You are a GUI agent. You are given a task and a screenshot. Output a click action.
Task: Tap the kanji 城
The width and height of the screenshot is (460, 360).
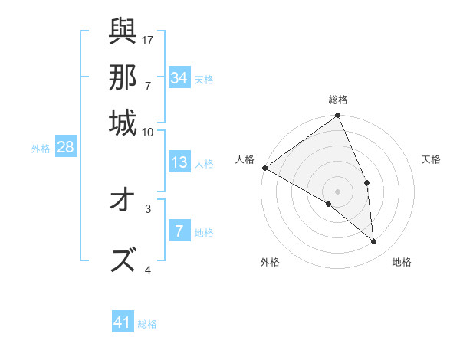[123, 123]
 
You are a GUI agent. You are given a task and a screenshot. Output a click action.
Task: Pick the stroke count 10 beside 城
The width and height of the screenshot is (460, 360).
[147, 132]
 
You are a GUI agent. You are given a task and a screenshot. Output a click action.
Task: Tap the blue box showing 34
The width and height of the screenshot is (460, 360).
[179, 77]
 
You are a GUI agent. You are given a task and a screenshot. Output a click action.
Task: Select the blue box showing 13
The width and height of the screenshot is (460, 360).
[179, 162]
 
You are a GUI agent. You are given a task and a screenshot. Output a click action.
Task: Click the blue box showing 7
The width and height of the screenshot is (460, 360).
[179, 231]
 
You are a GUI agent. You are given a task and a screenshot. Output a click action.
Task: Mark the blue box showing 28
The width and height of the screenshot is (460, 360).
[65, 148]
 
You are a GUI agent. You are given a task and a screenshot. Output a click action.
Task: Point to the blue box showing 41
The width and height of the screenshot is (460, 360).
[123, 322]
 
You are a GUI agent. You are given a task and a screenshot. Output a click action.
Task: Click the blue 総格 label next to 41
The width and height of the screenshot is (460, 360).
[148, 324]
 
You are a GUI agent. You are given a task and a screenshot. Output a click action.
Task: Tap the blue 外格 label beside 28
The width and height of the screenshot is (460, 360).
[41, 149]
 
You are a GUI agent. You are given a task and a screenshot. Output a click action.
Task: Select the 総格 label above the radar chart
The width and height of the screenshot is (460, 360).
[338, 100]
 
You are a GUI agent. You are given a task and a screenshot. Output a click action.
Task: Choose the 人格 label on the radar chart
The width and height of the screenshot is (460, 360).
[246, 159]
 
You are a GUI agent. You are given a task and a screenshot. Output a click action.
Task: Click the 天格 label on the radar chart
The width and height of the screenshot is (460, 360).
[432, 159]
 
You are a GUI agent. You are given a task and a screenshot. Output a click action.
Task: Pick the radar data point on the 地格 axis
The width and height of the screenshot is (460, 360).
[374, 241]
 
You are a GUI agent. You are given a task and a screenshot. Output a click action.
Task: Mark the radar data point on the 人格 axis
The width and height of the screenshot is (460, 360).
[264, 168]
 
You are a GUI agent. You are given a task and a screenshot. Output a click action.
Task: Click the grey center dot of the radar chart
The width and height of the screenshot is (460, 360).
[338, 191]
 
